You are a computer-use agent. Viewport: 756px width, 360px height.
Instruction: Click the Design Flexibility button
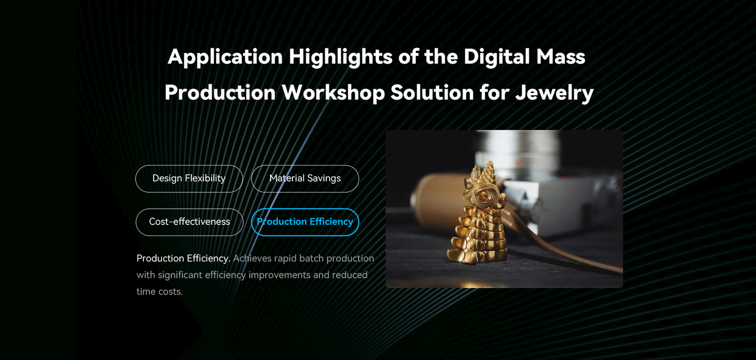tap(189, 179)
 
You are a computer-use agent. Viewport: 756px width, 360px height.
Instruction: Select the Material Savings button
tap(305, 179)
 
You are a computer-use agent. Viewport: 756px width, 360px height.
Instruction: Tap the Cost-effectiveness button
tap(189, 222)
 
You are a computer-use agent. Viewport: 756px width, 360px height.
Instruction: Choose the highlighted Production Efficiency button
tap(305, 222)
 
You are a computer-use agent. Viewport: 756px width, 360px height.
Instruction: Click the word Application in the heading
tap(225, 57)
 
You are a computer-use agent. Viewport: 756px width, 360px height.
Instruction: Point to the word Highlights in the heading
tap(341, 57)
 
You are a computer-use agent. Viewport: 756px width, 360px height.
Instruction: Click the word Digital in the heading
tap(497, 57)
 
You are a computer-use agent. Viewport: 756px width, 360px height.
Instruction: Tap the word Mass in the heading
tap(560, 57)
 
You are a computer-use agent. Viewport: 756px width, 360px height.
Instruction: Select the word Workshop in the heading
tap(334, 93)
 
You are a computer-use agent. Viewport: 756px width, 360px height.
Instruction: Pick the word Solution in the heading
tap(432, 93)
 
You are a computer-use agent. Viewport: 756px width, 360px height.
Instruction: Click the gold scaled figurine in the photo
tap(477, 216)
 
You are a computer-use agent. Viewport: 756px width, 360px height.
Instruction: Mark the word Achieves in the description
tap(252, 258)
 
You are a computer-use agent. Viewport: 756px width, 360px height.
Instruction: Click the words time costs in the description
tap(159, 291)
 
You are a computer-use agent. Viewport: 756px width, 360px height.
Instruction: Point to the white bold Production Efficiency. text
tap(183, 258)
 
